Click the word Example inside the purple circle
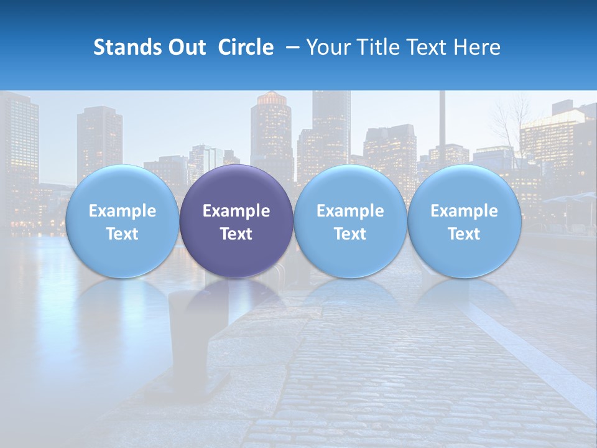click(x=236, y=211)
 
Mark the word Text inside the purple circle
click(x=236, y=234)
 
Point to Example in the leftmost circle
click(x=122, y=211)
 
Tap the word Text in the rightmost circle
click(x=464, y=234)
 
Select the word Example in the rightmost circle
click(x=464, y=211)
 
